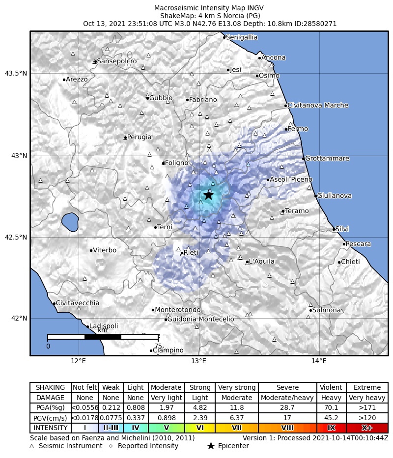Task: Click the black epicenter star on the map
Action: pos(208,195)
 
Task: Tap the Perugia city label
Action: pos(140,137)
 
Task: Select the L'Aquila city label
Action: pos(262,262)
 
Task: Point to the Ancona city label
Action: pos(273,58)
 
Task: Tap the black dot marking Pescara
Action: pos(344,244)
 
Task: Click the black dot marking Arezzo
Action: pos(64,80)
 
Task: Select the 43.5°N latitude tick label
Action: pos(15,74)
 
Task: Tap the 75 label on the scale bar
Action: pos(158,346)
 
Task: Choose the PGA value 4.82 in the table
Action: pos(200,407)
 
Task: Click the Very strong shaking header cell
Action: pos(236,387)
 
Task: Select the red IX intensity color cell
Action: pos(332,428)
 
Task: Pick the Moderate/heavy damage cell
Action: pos(287,398)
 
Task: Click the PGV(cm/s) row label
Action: pos(51,418)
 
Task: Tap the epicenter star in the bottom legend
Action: pos(211,446)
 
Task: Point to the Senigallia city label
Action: pos(242,37)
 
